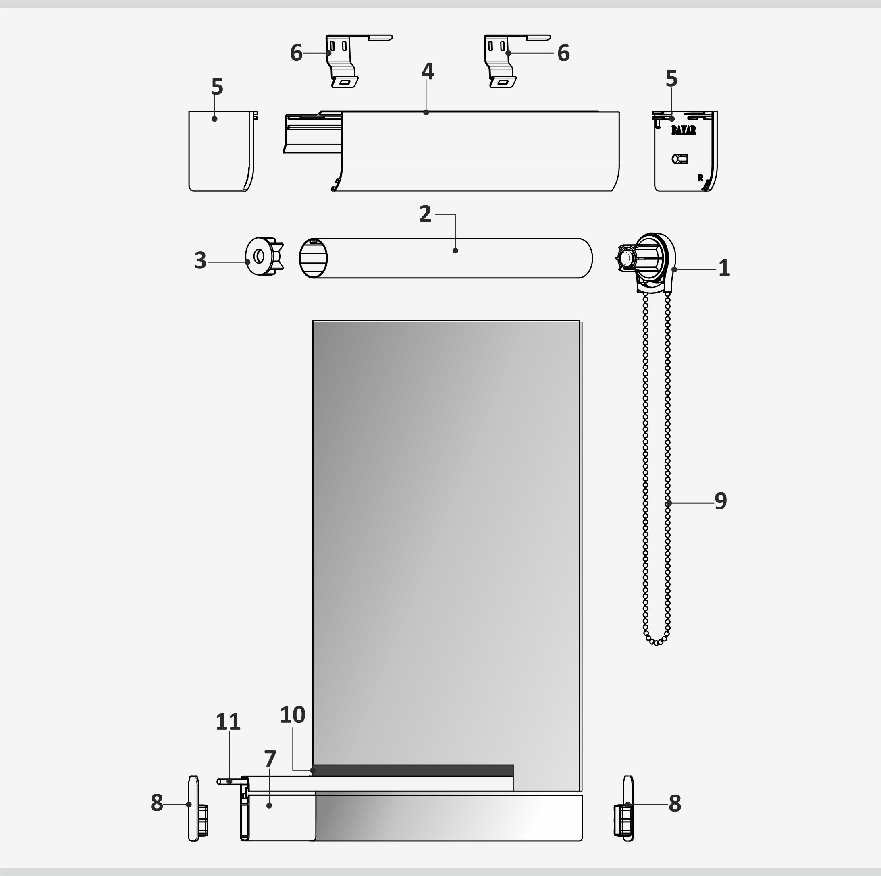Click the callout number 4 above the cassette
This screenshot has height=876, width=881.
tap(428, 72)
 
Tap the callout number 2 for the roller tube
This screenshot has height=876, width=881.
tap(426, 214)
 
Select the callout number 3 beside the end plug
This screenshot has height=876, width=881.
tap(200, 261)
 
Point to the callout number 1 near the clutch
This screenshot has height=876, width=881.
tap(724, 268)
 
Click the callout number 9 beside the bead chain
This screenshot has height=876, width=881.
tap(721, 501)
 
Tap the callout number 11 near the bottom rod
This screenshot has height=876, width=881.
tap(228, 722)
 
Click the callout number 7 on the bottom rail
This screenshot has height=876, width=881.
tap(270, 759)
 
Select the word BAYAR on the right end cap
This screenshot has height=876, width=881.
tap(684, 131)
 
